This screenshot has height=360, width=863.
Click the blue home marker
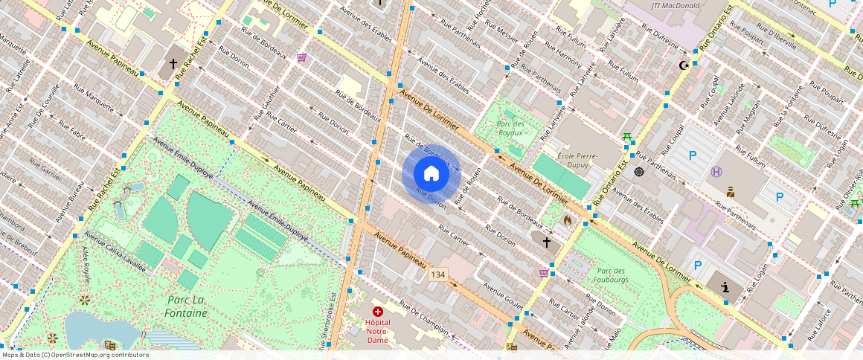click(431, 173)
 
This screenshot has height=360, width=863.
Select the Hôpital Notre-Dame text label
click(377, 331)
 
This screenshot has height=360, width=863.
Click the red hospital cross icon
click(378, 312)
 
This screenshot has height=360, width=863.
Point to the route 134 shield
click(437, 276)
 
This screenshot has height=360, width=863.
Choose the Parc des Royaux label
click(510, 128)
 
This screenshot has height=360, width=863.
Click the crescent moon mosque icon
click(683, 65)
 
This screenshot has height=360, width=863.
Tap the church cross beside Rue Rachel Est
click(173, 64)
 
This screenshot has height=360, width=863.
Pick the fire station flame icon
click(568, 220)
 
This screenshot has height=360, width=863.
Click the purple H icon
click(716, 172)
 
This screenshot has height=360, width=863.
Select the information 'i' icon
click(725, 286)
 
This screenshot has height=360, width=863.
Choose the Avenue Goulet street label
click(504, 295)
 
